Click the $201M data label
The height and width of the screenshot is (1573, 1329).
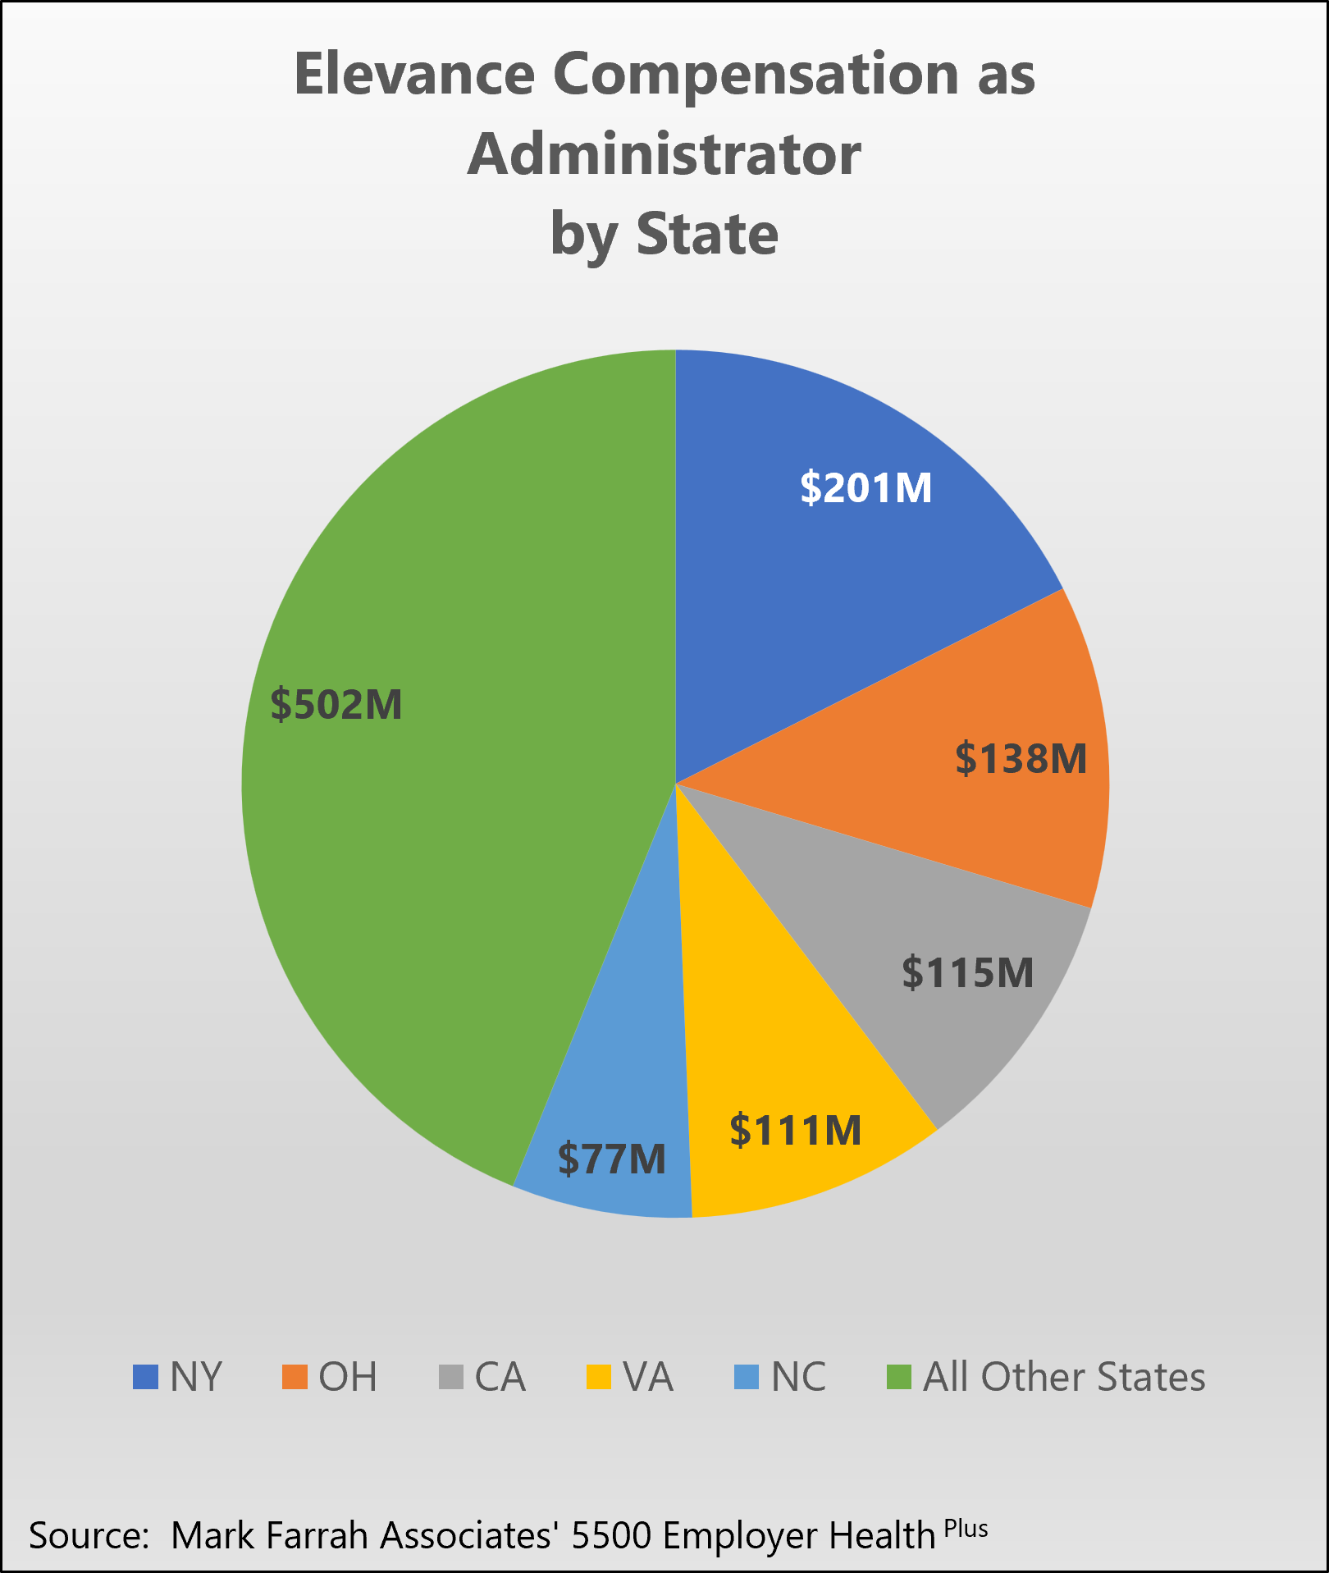point(866,487)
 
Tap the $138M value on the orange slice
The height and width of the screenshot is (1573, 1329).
point(1021,757)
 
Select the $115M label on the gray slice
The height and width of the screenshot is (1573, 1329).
point(968,972)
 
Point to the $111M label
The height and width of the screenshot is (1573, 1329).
point(796,1130)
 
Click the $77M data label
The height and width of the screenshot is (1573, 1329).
point(612,1159)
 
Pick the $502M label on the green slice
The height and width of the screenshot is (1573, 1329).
point(336,704)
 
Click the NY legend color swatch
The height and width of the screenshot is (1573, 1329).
point(145,1377)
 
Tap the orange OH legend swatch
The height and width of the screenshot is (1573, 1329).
point(295,1377)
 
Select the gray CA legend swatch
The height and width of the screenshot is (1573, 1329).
point(451,1377)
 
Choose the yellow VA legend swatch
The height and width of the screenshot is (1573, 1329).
point(599,1377)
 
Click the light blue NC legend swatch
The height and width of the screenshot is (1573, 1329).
point(747,1377)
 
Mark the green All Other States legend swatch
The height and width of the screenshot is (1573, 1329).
point(900,1377)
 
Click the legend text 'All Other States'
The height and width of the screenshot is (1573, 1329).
point(1064,1377)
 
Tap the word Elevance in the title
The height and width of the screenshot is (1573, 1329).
point(414,75)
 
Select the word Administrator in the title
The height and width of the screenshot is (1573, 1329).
point(664,154)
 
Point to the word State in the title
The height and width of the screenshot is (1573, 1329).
point(707,235)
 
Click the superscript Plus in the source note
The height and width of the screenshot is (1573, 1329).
point(966,1529)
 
